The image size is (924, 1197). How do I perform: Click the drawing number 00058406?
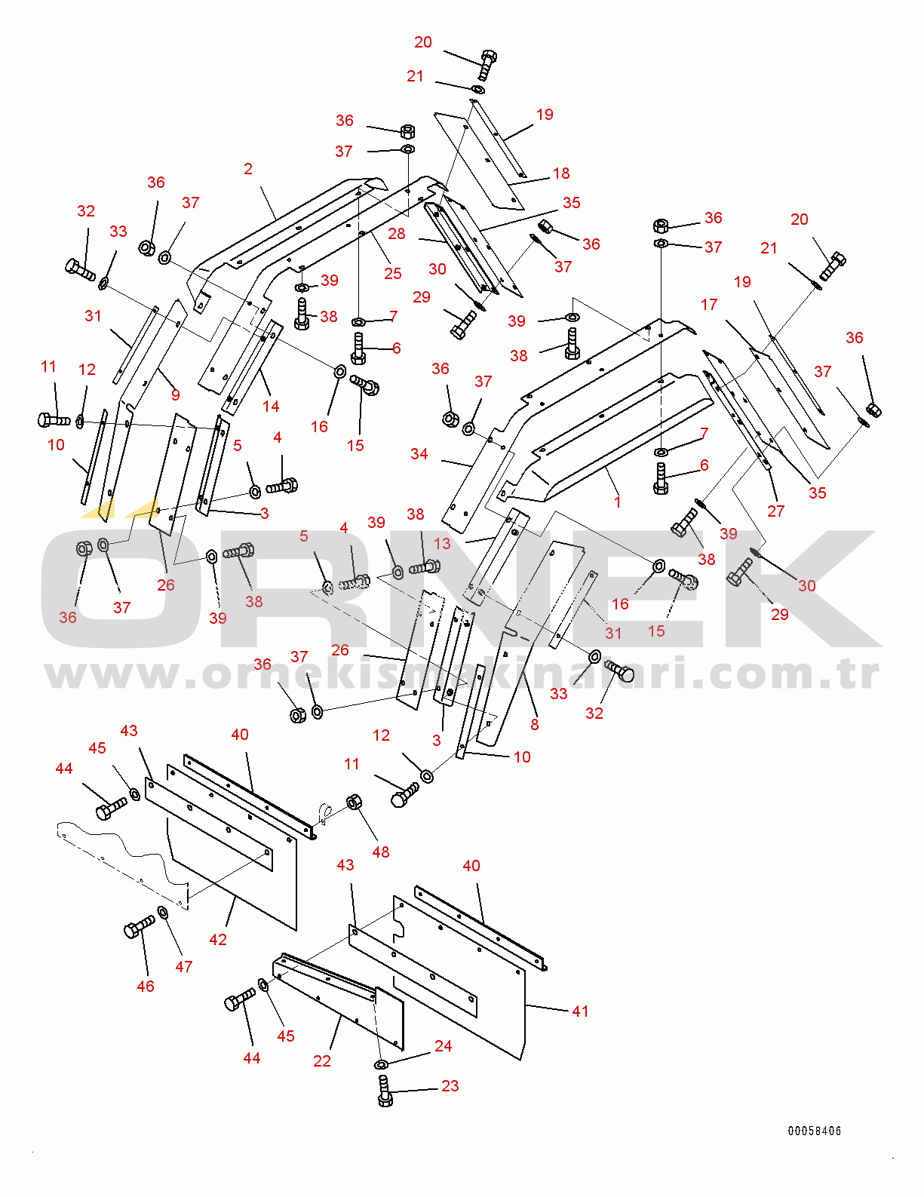click(814, 1131)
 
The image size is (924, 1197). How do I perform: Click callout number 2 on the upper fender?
click(248, 169)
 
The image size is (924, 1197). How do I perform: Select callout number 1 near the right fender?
click(617, 502)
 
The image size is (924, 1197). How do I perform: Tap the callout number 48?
click(381, 852)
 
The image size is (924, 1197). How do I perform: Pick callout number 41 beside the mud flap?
click(580, 1011)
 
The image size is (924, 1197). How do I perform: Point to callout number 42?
click(218, 940)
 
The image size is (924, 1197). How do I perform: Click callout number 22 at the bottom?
click(322, 1061)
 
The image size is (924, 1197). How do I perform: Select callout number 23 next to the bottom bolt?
click(450, 1086)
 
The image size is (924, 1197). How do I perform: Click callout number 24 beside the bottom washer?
click(444, 1046)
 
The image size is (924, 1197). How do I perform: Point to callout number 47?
click(184, 967)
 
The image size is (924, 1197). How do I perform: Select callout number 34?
click(419, 454)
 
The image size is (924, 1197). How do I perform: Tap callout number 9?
click(176, 394)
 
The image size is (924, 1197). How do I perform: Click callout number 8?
click(535, 725)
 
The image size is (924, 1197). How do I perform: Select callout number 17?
click(709, 305)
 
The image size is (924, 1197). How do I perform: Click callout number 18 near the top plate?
click(561, 173)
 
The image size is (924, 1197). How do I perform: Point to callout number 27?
click(776, 511)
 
